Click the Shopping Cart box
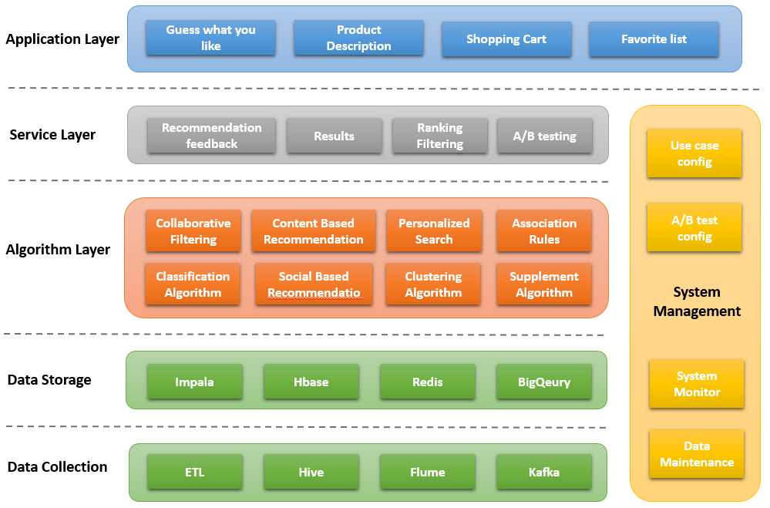(x=506, y=39)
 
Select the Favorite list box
(x=654, y=39)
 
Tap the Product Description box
(x=358, y=38)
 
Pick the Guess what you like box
(x=210, y=38)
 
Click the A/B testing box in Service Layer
(x=545, y=136)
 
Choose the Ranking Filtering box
(x=440, y=136)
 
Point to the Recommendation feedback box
(x=212, y=136)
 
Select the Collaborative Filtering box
(x=193, y=231)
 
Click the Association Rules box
(x=544, y=231)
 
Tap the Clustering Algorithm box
(x=433, y=284)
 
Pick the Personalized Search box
(x=434, y=231)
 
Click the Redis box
(x=428, y=382)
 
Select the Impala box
(x=194, y=382)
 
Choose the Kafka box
(x=544, y=472)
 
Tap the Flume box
(x=428, y=472)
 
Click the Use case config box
(x=694, y=153)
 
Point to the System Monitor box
(x=697, y=384)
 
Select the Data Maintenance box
(x=697, y=454)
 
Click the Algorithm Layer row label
(x=58, y=250)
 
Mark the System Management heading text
(x=697, y=301)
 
